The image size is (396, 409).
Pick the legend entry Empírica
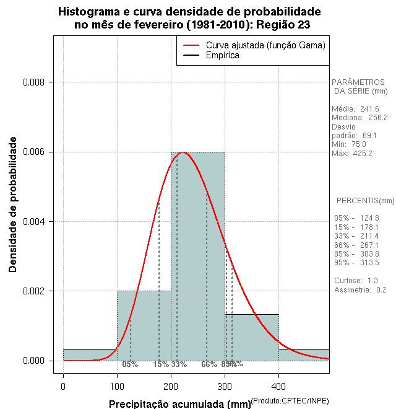click(x=223, y=55)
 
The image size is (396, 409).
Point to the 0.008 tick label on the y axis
click(x=35, y=82)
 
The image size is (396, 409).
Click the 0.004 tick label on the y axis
click(x=35, y=222)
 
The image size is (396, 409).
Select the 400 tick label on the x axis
click(x=278, y=387)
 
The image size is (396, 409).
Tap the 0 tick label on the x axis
click(x=63, y=387)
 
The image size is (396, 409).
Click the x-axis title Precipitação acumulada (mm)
click(x=179, y=404)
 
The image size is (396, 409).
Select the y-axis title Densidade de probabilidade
click(x=13, y=205)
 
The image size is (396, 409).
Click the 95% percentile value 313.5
click(x=369, y=263)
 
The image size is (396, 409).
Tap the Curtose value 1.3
click(x=372, y=281)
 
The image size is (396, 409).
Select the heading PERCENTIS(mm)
click(x=365, y=201)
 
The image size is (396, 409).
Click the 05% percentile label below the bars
click(x=130, y=364)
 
